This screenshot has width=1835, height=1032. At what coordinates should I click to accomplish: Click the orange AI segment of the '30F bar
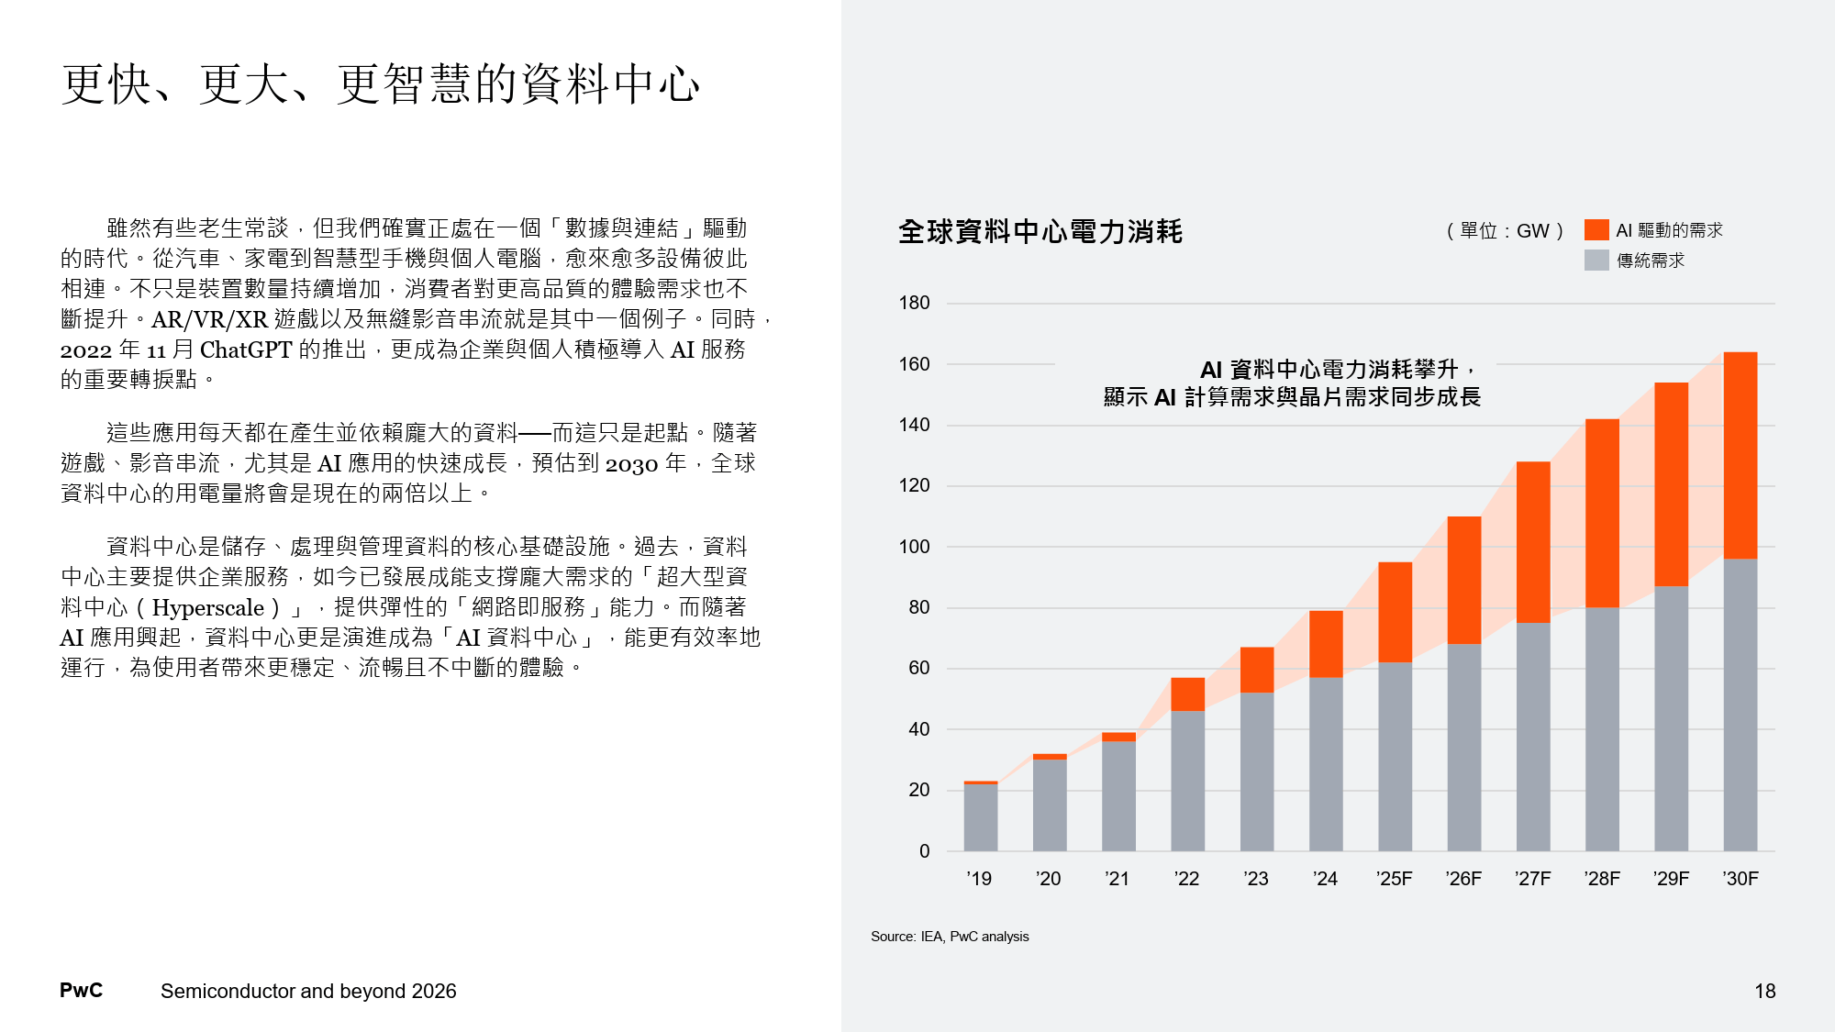coord(1740,455)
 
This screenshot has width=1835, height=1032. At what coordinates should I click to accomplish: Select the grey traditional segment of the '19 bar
coord(980,816)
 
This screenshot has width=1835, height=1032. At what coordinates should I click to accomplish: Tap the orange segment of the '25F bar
coord(1395,612)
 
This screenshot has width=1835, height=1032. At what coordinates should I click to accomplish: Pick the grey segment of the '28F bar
coord(1602,729)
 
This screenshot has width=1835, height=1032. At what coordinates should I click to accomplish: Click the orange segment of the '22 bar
coord(1187,694)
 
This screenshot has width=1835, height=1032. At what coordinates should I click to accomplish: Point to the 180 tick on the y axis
coord(914,303)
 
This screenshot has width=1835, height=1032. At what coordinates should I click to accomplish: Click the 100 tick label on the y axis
coord(914,547)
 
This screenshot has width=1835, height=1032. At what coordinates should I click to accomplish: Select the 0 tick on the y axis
coord(924,851)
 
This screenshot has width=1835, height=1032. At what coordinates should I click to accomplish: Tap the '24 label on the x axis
coord(1325,879)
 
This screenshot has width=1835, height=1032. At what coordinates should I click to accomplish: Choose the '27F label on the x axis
coord(1532,879)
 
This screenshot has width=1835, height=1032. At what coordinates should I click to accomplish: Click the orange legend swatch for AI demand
coord(1596,230)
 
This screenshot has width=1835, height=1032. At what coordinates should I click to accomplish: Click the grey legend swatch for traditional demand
coord(1596,261)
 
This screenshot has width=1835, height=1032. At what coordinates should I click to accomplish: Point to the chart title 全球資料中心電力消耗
coord(1040,231)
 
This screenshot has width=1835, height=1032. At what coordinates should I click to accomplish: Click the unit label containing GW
coord(1505,231)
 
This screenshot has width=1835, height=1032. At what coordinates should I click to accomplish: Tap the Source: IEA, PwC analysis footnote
coord(950,937)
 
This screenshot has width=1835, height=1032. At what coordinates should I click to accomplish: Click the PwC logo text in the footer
coord(81,991)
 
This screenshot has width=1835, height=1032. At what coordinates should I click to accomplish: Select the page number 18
coord(1764,992)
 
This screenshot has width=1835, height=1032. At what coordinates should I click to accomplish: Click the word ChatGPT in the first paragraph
coord(245,350)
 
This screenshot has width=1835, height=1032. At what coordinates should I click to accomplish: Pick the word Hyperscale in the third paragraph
coord(208,607)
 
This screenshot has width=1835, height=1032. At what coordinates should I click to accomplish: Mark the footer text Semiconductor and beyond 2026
coord(308,992)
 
